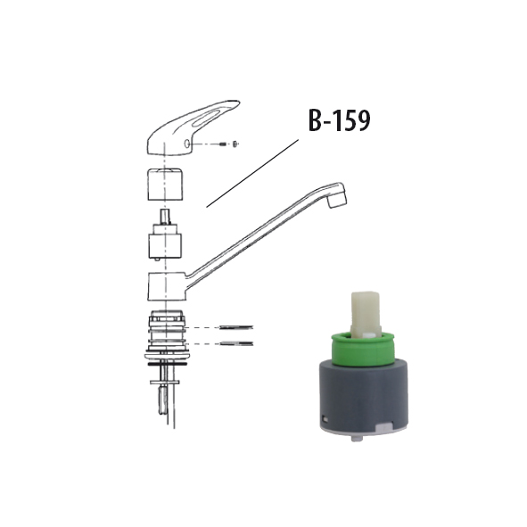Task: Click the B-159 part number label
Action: (x=339, y=120)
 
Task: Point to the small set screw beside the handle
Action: (x=223, y=144)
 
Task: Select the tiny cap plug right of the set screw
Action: (x=235, y=144)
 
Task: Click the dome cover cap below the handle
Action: (x=165, y=185)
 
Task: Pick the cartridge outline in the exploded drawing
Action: (x=165, y=235)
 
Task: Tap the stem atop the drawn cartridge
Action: (x=165, y=217)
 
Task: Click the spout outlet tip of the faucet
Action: (x=337, y=201)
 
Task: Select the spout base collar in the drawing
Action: (x=167, y=286)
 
